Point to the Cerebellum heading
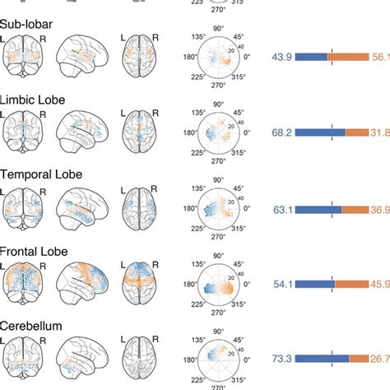(32, 327)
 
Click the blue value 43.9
(282, 57)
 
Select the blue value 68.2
(282, 132)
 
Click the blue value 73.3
(282, 359)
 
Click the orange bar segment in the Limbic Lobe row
(358, 132)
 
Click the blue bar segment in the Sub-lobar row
(312, 57)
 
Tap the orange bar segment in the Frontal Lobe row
(351, 284)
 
